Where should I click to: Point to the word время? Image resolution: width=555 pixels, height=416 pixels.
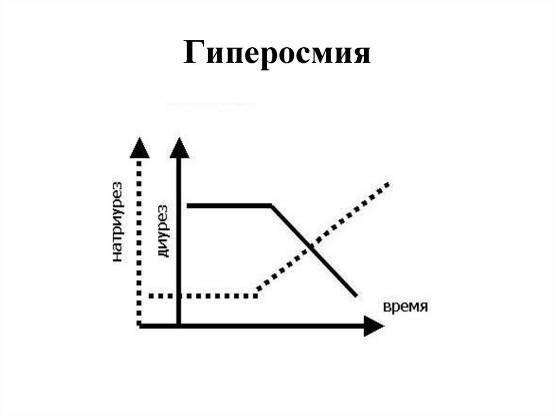pos(406,306)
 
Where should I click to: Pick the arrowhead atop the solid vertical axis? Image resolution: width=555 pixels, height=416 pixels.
pos(179,147)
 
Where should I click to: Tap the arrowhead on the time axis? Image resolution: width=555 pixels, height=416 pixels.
pos(373,326)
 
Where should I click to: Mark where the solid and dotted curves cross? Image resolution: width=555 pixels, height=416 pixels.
pos(311,247)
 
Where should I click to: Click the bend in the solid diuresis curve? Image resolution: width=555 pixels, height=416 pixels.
pos(271,206)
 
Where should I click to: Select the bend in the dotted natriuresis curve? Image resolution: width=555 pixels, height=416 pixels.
pos(256,296)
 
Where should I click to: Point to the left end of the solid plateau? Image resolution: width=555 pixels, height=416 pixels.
pos(188,206)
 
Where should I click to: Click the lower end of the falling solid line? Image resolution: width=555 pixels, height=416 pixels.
pos(356,296)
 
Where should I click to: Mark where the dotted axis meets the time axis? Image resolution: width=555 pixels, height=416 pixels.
pos(140,325)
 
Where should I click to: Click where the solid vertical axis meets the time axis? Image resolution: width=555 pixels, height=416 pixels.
pos(179,325)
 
